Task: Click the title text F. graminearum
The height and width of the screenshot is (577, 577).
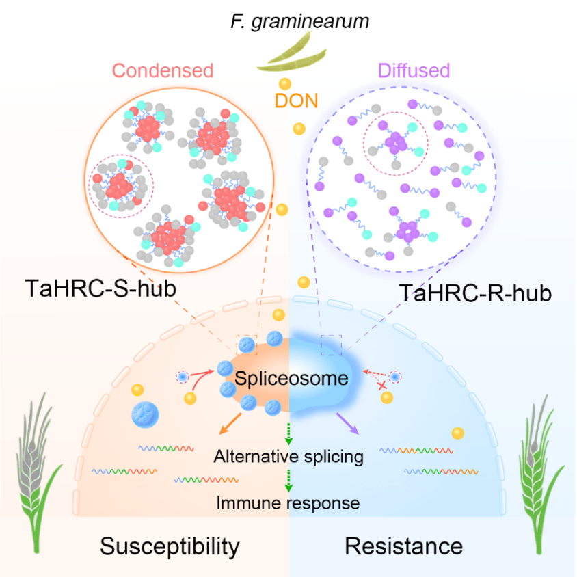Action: tap(300, 21)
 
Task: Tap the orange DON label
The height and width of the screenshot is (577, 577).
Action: tap(296, 101)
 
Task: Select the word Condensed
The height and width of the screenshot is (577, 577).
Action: tap(163, 70)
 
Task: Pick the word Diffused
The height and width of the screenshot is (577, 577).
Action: tap(414, 70)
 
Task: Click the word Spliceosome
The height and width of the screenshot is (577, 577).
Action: tap(292, 378)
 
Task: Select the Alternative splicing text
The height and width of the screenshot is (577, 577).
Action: tap(288, 456)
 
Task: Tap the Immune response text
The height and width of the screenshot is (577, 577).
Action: tap(288, 504)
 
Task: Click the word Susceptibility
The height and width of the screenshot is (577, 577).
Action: tap(170, 546)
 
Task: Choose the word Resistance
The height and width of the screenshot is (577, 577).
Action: tap(403, 546)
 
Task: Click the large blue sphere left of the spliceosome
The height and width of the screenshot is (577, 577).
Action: tap(144, 414)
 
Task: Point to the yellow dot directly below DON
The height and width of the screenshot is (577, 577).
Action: tap(299, 128)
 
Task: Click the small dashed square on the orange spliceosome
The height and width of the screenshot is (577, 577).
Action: tap(247, 345)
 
